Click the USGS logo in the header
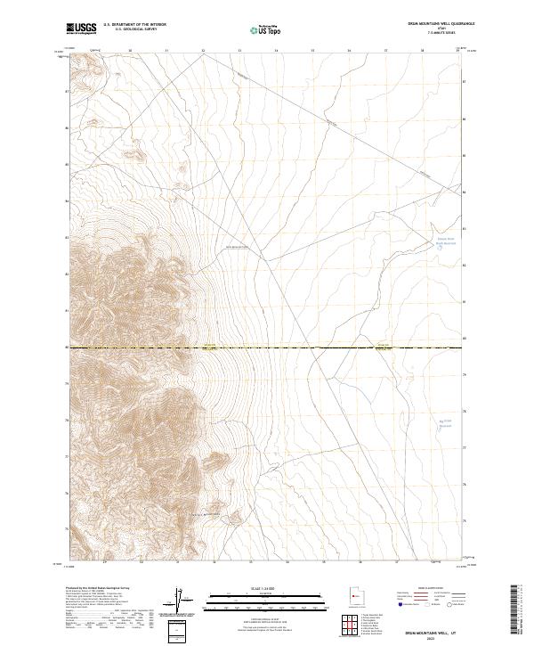coord(83,29)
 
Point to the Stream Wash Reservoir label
coord(444,241)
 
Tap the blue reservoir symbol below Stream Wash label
coord(442,249)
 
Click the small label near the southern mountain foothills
coord(203,514)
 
